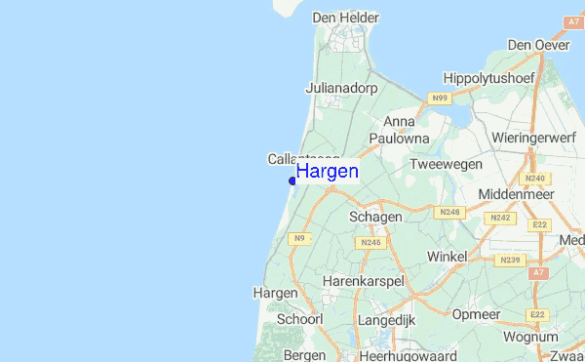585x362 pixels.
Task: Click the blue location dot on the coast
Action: pos(292,181)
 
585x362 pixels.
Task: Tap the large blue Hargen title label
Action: pos(328,172)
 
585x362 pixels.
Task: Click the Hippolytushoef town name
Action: pos(489,78)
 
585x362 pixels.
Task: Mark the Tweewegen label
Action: pos(447,165)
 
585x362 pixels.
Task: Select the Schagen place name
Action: pos(375,217)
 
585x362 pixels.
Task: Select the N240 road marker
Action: pos(534,179)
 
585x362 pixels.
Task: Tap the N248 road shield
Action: pos(449,212)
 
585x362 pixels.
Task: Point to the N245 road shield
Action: pos(370,242)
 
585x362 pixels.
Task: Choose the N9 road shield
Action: pos(298,239)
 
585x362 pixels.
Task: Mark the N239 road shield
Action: pos(509,261)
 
